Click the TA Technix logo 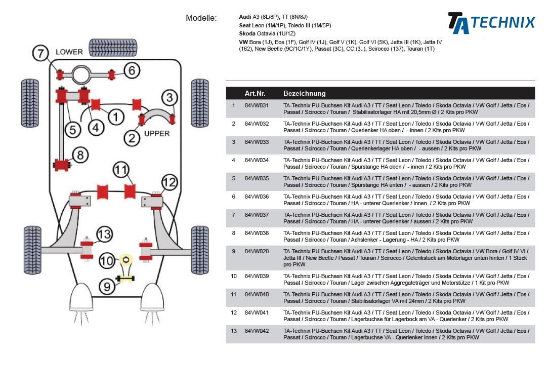491,23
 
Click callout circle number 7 41,53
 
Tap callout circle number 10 107,261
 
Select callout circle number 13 104,234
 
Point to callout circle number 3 170,98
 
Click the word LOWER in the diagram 69,52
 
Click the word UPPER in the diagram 157,134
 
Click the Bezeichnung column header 304,94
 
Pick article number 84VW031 257,105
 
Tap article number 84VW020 257,251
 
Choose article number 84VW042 257,331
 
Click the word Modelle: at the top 201,18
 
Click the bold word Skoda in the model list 247,33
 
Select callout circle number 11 121,170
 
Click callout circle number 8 81,154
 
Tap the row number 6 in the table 234,197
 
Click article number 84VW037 257,215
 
